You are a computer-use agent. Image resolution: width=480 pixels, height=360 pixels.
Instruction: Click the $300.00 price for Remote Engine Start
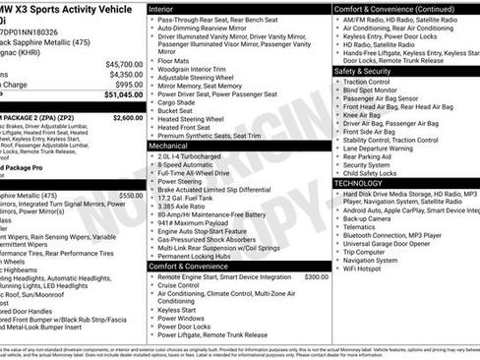(x=316, y=277)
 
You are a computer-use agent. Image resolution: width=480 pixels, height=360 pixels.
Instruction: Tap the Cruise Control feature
(x=187, y=286)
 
